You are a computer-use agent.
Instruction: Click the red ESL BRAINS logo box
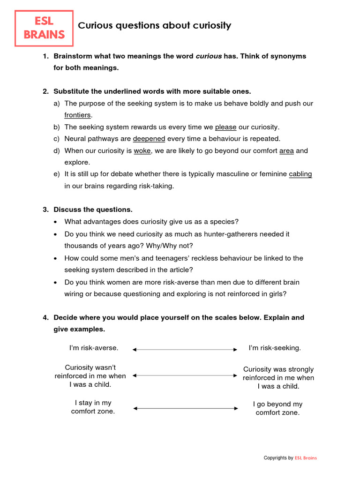click(44, 28)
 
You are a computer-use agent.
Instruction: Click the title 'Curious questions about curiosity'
click(154, 26)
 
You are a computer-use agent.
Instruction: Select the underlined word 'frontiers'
click(77, 115)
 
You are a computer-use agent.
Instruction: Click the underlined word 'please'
click(225, 127)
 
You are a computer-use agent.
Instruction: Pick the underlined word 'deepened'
click(149, 139)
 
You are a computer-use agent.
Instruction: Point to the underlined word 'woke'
click(142, 151)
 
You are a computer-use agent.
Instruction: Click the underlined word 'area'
click(286, 151)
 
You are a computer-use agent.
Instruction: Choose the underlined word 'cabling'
click(300, 174)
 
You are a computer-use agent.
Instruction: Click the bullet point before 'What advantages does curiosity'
click(56, 222)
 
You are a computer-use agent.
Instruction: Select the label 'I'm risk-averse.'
click(94, 348)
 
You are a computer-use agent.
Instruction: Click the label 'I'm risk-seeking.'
click(275, 348)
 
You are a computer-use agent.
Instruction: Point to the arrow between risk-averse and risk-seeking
click(185, 349)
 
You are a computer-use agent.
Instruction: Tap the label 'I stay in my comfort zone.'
click(93, 407)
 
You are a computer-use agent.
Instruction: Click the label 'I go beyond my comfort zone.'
click(277, 408)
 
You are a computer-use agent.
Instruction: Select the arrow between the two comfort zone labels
click(185, 408)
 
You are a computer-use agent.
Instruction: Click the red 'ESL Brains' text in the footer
click(306, 458)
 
